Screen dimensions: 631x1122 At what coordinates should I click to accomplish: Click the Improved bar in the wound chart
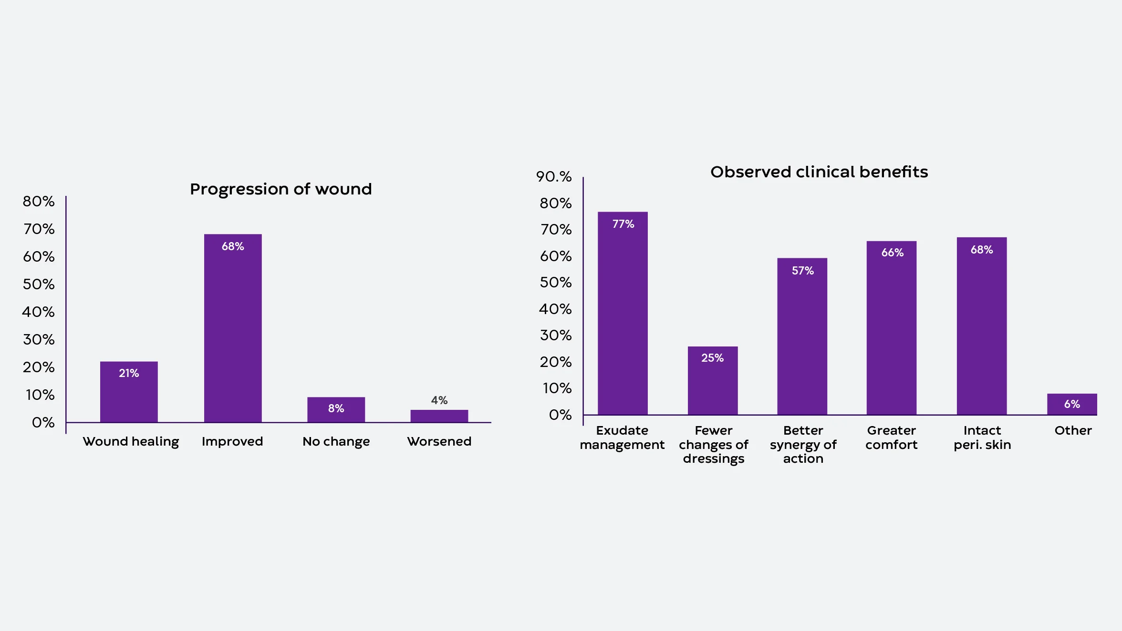pyautogui.click(x=233, y=329)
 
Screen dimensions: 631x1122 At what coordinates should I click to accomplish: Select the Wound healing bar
pyautogui.click(x=129, y=393)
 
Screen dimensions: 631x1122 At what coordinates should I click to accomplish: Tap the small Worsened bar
pyautogui.click(x=439, y=416)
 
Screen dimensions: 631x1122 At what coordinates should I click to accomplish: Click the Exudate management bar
pyautogui.click(x=623, y=315)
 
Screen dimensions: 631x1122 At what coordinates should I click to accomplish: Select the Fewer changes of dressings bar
pyautogui.click(x=713, y=381)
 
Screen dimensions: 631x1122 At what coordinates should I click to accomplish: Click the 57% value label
pyautogui.click(x=802, y=271)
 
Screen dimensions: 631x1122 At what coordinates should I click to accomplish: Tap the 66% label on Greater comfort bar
pyautogui.click(x=892, y=253)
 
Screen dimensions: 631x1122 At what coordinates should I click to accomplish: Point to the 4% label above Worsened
pyautogui.click(x=439, y=400)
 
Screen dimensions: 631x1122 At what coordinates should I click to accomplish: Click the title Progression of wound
pyautogui.click(x=280, y=189)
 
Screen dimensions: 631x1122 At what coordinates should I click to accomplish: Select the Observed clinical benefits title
pyautogui.click(x=819, y=172)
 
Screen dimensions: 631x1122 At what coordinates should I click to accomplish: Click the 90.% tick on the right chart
pyautogui.click(x=553, y=177)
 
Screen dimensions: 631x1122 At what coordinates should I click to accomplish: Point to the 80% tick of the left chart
pyautogui.click(x=39, y=202)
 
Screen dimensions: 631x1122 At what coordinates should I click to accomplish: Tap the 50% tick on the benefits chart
pyautogui.click(x=555, y=283)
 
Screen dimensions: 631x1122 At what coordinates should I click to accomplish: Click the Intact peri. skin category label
pyautogui.click(x=982, y=438)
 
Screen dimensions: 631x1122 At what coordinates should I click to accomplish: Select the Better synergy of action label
pyautogui.click(x=803, y=444)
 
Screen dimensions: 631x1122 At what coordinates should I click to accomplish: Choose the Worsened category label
pyautogui.click(x=439, y=441)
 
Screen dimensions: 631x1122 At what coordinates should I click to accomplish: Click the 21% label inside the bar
pyautogui.click(x=129, y=373)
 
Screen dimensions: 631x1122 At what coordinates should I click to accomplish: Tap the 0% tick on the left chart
pyautogui.click(x=43, y=423)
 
